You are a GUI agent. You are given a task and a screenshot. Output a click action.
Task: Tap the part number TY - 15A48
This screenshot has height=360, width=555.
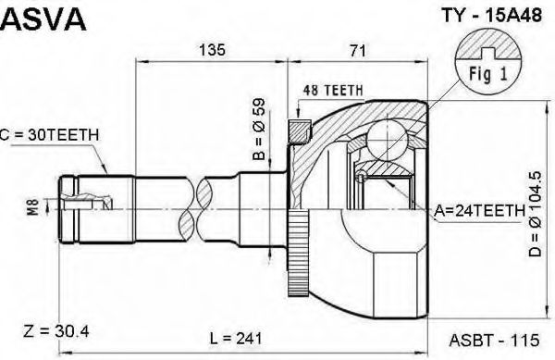pyautogui.click(x=492, y=16)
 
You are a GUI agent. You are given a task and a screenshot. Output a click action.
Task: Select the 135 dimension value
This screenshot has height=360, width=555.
pyautogui.click(x=212, y=50)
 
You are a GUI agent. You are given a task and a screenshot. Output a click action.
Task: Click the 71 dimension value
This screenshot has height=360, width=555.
pyautogui.click(x=357, y=51)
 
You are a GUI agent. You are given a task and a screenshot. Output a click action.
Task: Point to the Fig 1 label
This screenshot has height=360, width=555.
pyautogui.click(x=488, y=74)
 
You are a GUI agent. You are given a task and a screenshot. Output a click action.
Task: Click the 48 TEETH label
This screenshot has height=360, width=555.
pyautogui.click(x=333, y=91)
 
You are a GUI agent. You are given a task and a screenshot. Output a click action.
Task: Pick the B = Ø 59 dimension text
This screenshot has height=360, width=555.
pyautogui.click(x=259, y=130)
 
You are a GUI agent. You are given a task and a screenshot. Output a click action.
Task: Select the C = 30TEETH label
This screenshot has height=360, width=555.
pyautogui.click(x=49, y=134)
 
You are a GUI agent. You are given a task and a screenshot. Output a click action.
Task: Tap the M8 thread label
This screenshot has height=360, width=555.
pyautogui.click(x=33, y=207)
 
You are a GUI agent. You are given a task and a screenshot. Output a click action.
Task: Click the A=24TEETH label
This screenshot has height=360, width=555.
pyautogui.click(x=479, y=211)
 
